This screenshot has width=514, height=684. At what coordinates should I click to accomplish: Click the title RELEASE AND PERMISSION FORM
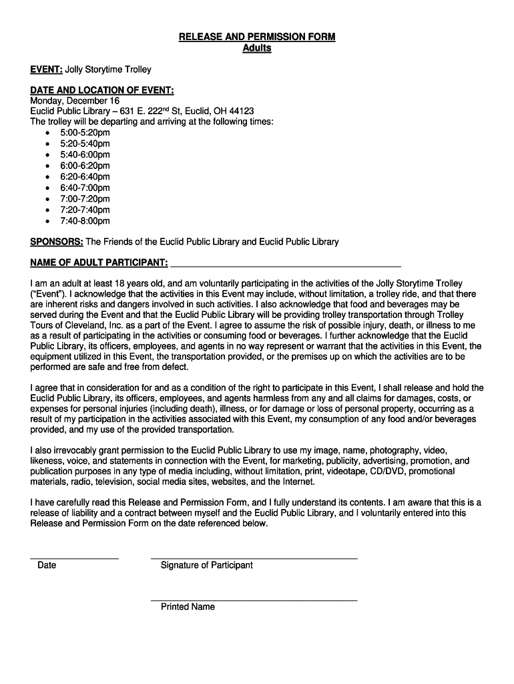[x=257, y=37]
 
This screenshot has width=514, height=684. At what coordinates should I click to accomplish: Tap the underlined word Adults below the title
[x=257, y=48]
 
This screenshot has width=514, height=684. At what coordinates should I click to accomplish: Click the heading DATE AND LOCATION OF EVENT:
[x=102, y=90]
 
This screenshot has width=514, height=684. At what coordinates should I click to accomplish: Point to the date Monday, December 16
[x=75, y=101]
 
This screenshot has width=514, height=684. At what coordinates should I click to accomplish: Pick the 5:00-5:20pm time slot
[x=85, y=133]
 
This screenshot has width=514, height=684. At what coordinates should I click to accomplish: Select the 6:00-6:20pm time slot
[x=85, y=166]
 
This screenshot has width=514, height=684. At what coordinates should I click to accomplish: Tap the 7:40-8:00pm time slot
[x=85, y=221]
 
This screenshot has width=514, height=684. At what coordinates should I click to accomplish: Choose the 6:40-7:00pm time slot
[x=85, y=188]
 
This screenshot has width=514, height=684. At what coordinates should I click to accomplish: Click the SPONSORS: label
[x=57, y=242]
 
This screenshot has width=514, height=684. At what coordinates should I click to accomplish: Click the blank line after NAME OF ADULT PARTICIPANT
[x=286, y=265]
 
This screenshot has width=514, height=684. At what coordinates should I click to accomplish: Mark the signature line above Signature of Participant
[x=254, y=557]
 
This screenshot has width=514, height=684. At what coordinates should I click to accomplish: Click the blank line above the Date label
[x=74, y=557]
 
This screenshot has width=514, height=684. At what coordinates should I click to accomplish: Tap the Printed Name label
[x=188, y=607]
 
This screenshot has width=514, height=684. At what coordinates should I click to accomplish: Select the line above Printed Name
[x=254, y=599]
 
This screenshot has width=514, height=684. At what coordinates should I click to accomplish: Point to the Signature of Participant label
[x=206, y=566]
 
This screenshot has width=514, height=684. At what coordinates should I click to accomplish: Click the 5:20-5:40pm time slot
[x=85, y=144]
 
